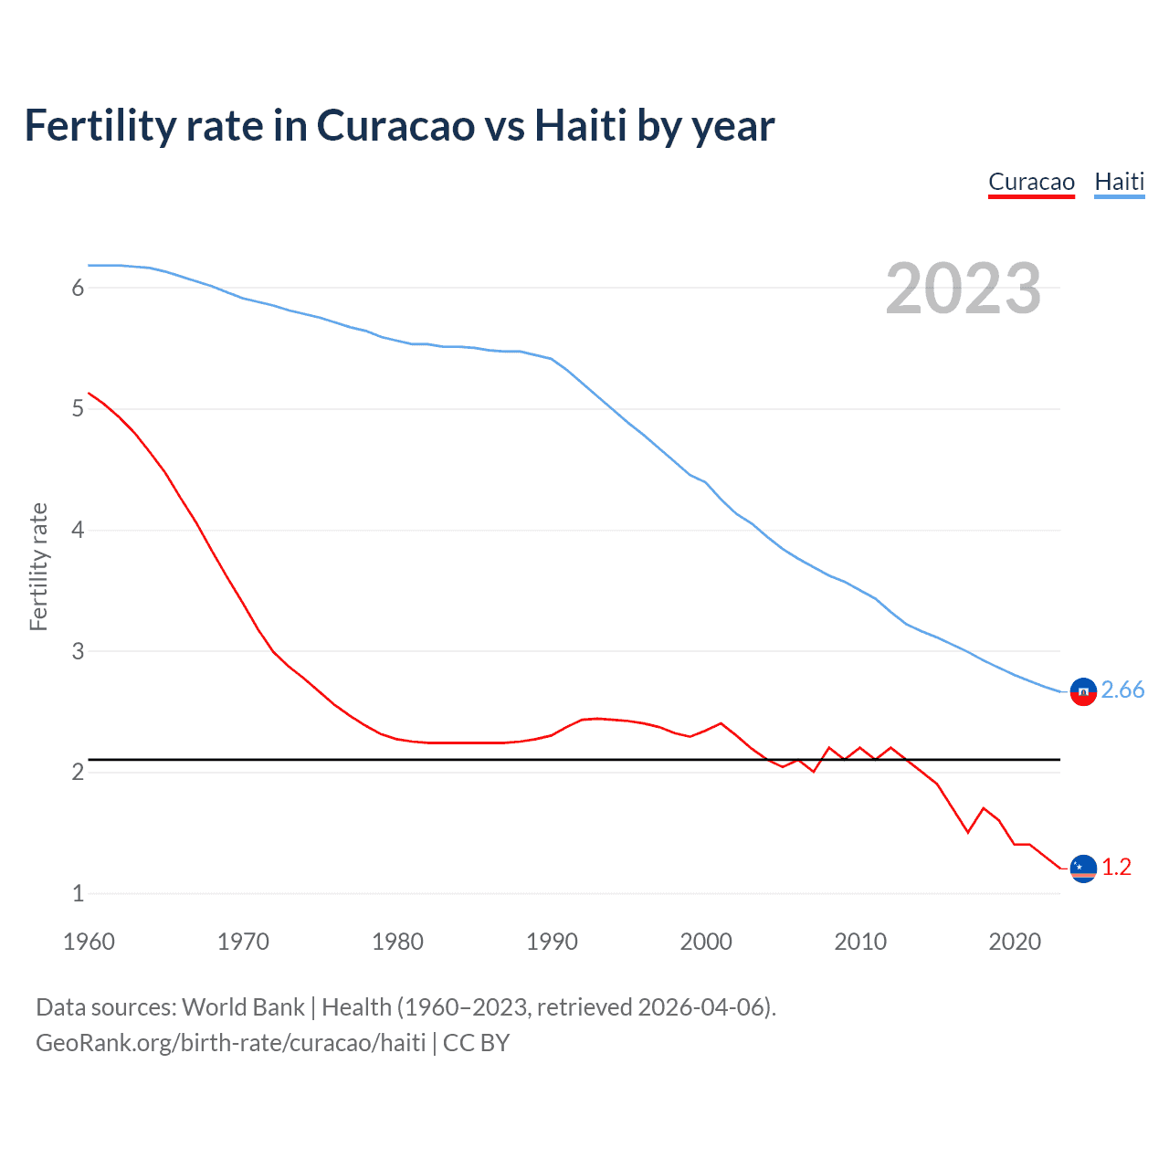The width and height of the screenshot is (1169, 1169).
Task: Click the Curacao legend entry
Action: click(1031, 182)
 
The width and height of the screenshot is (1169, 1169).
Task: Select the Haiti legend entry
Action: click(1119, 182)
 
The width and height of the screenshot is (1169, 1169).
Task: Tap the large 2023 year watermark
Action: click(963, 289)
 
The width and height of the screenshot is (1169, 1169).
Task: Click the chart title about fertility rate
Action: click(399, 125)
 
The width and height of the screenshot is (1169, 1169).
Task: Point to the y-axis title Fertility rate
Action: click(38, 566)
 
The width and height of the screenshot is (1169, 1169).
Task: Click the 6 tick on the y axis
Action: click(78, 288)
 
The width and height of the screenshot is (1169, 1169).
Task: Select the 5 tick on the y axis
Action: click(78, 408)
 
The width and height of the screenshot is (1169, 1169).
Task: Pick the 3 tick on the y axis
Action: click(78, 651)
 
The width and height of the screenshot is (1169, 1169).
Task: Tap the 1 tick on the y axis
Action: click(78, 893)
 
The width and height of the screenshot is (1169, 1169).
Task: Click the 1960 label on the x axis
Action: click(89, 942)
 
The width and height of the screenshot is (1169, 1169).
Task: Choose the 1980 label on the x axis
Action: click(397, 942)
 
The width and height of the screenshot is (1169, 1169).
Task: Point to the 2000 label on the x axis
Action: click(706, 942)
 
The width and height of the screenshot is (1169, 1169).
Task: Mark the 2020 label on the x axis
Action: click(1015, 942)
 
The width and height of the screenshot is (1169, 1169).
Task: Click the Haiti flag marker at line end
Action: click(1083, 692)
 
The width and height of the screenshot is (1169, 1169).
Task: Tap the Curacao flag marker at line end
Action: click(1083, 869)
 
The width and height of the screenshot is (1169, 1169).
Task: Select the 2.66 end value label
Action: click(1122, 690)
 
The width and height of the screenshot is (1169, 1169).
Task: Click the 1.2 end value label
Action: click(1116, 867)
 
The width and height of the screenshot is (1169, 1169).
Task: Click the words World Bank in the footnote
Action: click(243, 1006)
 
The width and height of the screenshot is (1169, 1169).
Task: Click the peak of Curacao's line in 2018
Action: click(984, 808)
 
